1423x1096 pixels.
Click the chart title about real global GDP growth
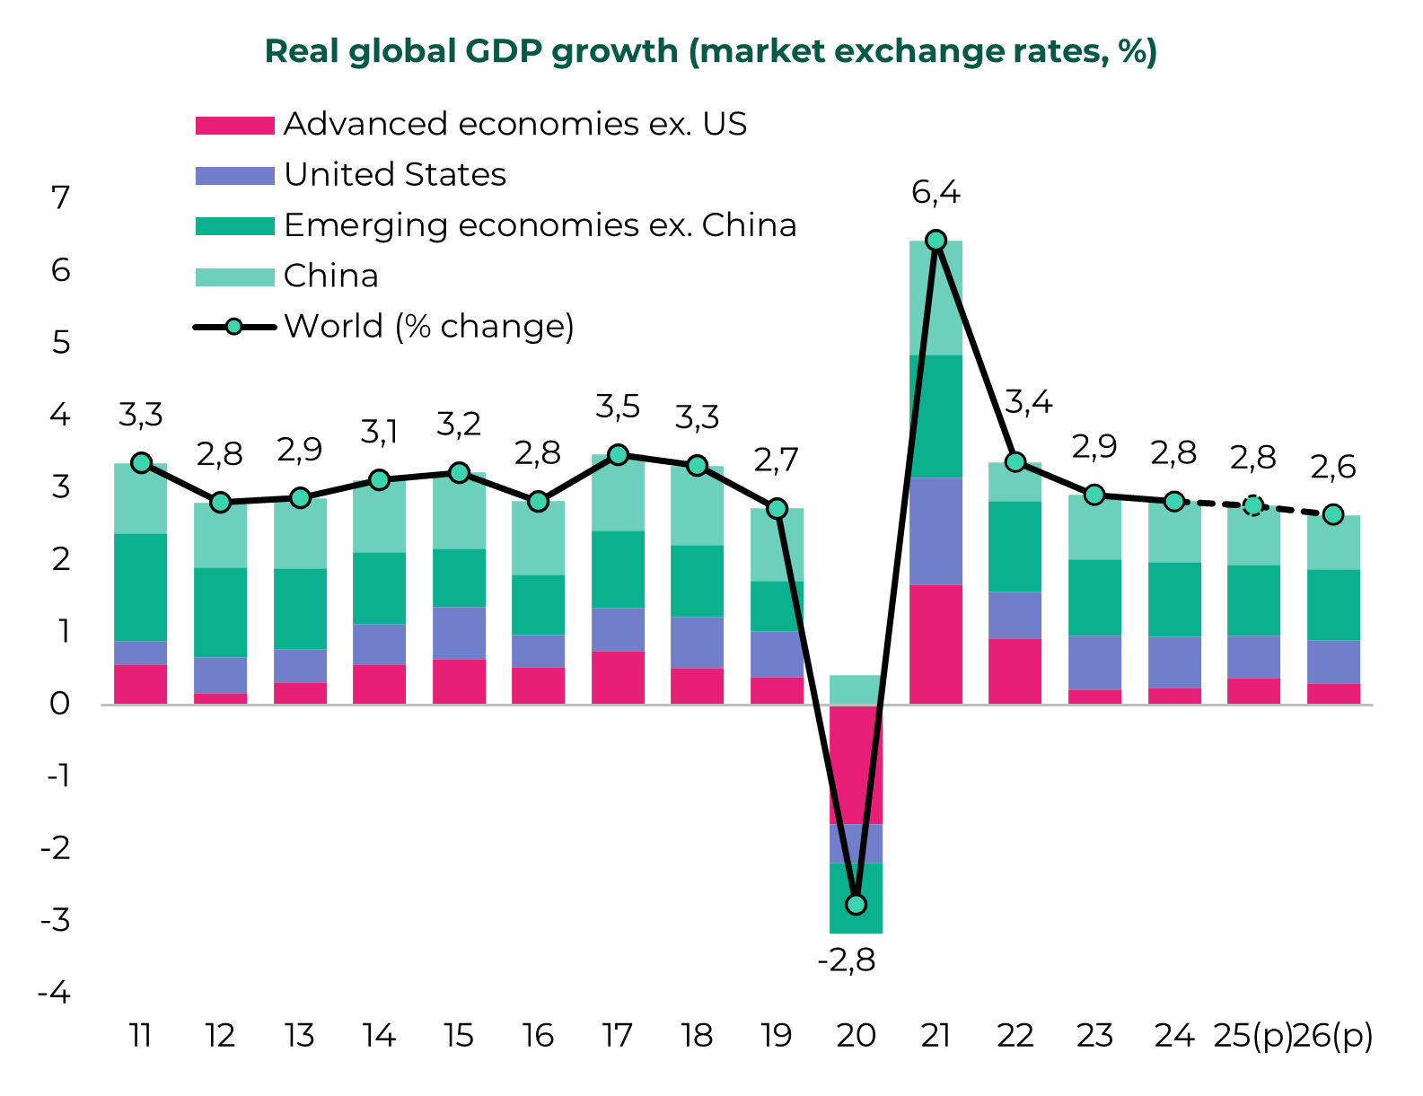pyautogui.click(x=711, y=51)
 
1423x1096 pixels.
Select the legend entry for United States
pyautogui.click(x=395, y=174)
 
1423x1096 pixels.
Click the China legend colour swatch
pyautogui.click(x=234, y=276)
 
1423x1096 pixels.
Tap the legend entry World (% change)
pyautogui.click(x=428, y=326)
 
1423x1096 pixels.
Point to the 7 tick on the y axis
pyautogui.click(x=61, y=197)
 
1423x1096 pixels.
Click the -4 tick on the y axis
pyautogui.click(x=54, y=993)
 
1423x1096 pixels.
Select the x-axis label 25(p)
pyautogui.click(x=1252, y=1036)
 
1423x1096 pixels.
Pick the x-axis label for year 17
pyautogui.click(x=617, y=1036)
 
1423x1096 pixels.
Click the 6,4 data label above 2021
pyautogui.click(x=935, y=192)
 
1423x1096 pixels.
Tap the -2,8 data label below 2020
pyautogui.click(x=846, y=961)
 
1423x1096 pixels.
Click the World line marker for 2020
pyautogui.click(x=856, y=904)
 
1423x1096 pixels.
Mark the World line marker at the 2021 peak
pyautogui.click(x=935, y=240)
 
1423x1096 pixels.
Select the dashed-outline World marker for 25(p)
pyautogui.click(x=1253, y=505)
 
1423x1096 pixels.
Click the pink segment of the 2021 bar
pyautogui.click(x=935, y=644)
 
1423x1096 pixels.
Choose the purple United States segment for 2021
pyautogui.click(x=935, y=531)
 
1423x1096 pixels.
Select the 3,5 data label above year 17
pyautogui.click(x=618, y=408)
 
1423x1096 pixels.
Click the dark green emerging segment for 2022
pyautogui.click(x=1015, y=546)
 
